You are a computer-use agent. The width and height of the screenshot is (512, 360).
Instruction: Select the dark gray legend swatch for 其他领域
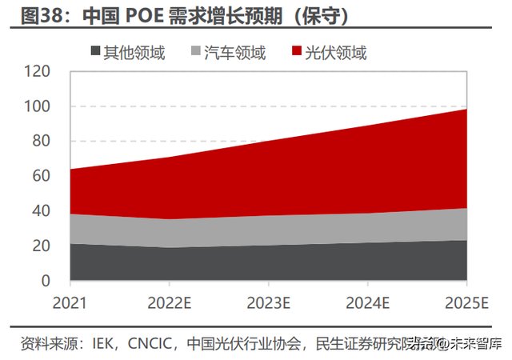tap(94, 53)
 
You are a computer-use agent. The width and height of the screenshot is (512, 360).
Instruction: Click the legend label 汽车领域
tap(235, 53)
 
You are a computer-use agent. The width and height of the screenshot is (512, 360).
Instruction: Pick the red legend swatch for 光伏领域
tap(296, 53)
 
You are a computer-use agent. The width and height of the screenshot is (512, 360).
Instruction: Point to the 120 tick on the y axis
tap(38, 71)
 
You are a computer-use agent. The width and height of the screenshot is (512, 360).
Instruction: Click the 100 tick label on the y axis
tap(38, 106)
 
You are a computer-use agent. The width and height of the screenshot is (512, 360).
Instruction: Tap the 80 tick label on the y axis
tap(42, 142)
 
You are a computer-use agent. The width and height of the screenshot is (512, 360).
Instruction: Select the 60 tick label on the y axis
tap(42, 176)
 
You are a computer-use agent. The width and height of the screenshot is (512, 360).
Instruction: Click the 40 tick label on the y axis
tap(42, 211)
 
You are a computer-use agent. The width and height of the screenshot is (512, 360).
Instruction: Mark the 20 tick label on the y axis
tap(42, 246)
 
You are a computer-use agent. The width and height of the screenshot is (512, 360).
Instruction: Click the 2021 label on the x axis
tap(70, 303)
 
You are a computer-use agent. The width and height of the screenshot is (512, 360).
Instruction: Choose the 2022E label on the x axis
tap(169, 303)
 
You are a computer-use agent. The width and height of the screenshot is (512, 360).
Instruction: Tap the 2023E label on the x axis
tap(268, 303)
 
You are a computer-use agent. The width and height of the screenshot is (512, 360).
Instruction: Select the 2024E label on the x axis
tap(367, 303)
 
